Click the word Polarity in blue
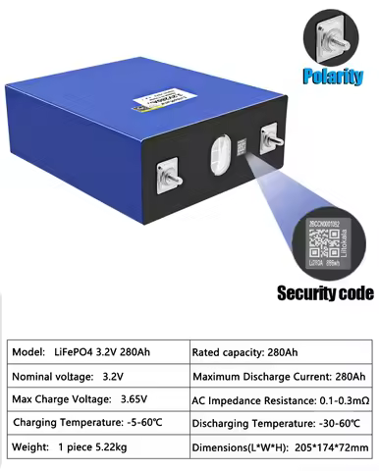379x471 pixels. coord(333,76)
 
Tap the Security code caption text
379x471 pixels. coord(325,292)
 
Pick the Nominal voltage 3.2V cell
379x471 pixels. coord(94,377)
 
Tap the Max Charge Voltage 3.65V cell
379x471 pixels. coord(94,400)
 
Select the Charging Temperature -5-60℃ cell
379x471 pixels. coord(94,424)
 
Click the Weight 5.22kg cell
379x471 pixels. coord(94,448)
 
